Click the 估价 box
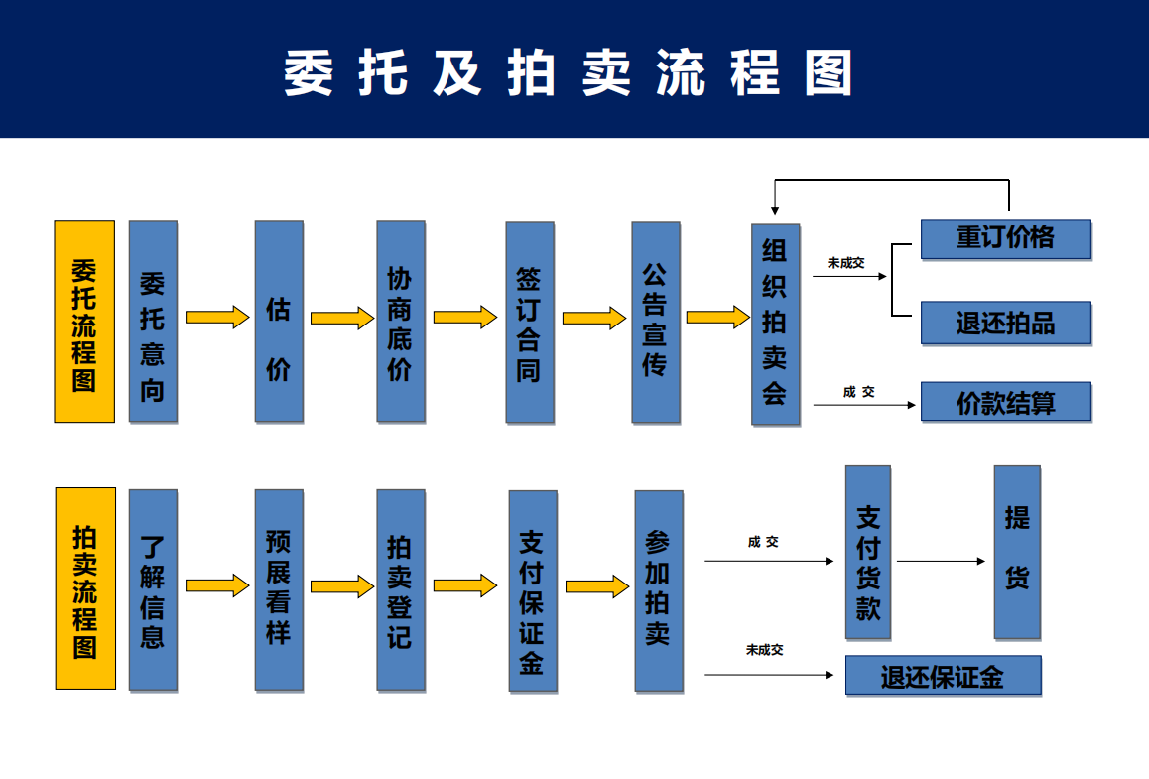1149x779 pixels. tap(279, 321)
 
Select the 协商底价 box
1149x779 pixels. tap(401, 321)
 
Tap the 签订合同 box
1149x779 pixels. tap(530, 322)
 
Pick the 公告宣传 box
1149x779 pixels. tap(656, 322)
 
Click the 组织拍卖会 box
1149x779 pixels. tap(775, 325)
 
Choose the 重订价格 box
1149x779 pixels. tap(1005, 239)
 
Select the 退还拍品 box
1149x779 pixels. tap(1005, 324)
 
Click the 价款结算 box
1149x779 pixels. tap(1005, 402)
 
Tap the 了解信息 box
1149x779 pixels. tap(153, 589)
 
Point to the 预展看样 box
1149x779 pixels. tap(279, 589)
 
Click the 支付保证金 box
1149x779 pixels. tap(533, 589)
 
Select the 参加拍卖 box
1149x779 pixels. tap(659, 589)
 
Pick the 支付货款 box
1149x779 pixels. tap(868, 552)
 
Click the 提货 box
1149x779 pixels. tap(1017, 552)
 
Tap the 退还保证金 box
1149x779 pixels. tap(943, 676)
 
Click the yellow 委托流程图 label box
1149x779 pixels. tap(84, 322)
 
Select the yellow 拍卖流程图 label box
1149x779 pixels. tap(85, 588)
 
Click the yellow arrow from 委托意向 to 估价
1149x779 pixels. tap(216, 318)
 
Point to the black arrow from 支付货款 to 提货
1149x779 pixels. tap(941, 562)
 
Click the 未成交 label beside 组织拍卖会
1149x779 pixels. tap(845, 263)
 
